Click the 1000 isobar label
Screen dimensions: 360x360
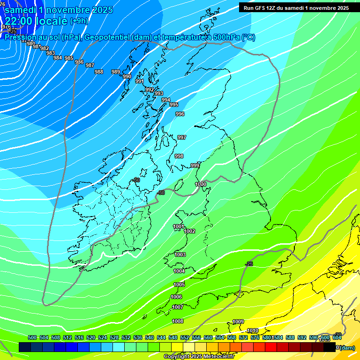(x=201, y=184)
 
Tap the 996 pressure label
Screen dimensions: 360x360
(x=180, y=114)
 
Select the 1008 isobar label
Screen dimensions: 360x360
(x=178, y=321)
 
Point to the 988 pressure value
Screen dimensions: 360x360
(x=99, y=72)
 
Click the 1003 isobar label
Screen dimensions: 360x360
(x=180, y=255)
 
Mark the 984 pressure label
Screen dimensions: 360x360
(x=58, y=58)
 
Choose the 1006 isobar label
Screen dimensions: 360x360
(x=176, y=297)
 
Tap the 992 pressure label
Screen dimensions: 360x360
(x=150, y=90)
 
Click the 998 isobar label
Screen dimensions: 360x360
(x=179, y=156)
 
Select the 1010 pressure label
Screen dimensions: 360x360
(x=253, y=330)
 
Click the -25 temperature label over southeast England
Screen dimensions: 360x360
(x=249, y=264)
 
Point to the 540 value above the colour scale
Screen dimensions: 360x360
(x=150, y=337)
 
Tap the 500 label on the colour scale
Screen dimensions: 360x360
(x=32, y=337)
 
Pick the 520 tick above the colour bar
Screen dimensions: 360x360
(x=91, y=337)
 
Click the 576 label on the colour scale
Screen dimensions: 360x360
(x=255, y=337)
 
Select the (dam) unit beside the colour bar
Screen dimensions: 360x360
(x=347, y=347)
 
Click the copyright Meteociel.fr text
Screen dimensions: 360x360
(x=198, y=357)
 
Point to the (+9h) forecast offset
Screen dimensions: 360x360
(x=79, y=21)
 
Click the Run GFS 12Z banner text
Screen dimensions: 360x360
(x=296, y=7)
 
